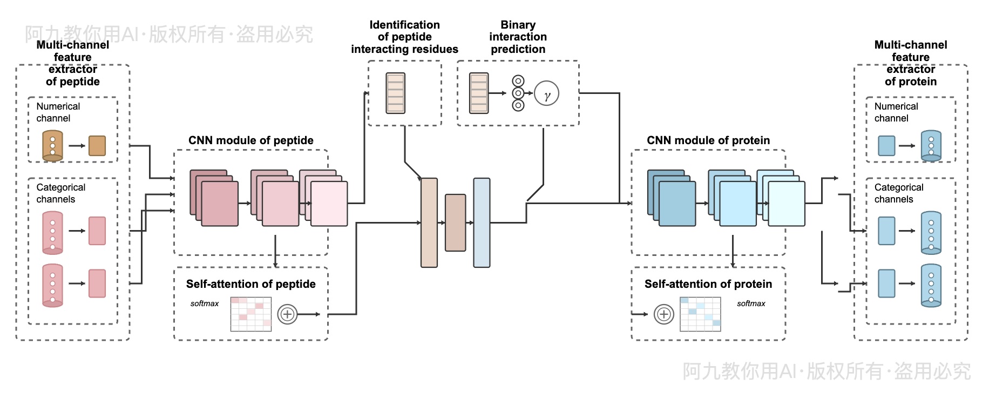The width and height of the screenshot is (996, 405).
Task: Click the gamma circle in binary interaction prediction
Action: click(546, 93)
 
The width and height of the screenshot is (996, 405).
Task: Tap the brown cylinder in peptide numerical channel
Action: click(52, 146)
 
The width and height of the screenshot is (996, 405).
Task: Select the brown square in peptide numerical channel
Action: click(97, 146)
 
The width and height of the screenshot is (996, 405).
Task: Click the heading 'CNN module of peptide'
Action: click(250, 140)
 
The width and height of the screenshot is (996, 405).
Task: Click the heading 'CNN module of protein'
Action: click(708, 140)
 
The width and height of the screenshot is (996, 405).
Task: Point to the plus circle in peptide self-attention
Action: click(287, 314)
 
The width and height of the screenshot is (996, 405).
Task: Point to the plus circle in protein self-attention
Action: click(663, 314)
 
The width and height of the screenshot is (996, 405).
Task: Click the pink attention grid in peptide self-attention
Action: click(251, 314)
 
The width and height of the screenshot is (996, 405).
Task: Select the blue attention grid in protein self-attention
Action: click(700, 314)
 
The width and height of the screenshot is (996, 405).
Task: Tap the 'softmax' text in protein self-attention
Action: click(751, 303)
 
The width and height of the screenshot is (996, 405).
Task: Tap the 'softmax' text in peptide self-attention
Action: click(205, 303)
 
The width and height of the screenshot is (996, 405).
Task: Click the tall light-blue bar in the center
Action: click(482, 222)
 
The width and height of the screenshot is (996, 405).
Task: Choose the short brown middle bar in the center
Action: click(455, 222)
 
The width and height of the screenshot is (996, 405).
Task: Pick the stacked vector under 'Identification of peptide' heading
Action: click(395, 93)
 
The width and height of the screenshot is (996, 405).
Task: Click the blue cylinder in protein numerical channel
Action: click(931, 146)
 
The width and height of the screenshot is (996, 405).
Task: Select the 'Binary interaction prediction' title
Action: click(518, 37)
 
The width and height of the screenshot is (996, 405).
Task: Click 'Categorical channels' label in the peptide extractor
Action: click(60, 193)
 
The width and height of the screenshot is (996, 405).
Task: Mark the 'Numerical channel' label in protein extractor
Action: click(896, 112)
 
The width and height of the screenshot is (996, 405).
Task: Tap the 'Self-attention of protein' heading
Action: click(708, 284)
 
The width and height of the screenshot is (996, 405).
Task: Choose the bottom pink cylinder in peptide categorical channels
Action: click(52, 285)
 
